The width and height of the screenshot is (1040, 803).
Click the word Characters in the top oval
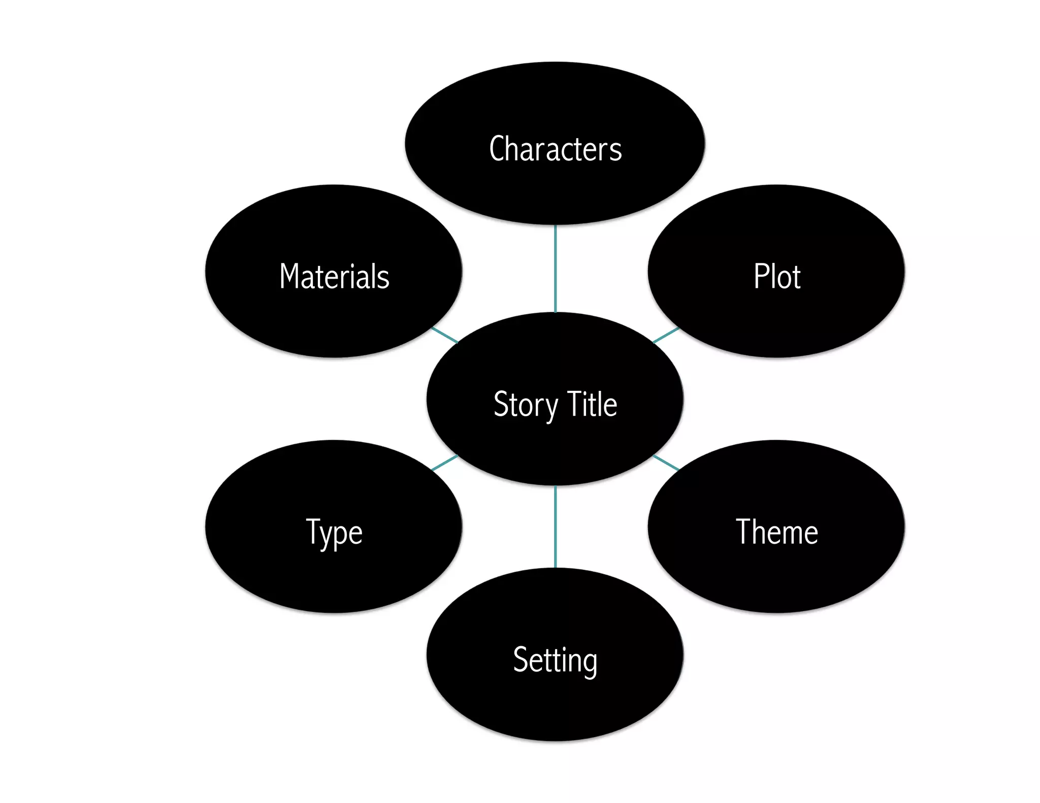tap(555, 149)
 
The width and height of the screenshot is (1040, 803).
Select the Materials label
tap(334, 277)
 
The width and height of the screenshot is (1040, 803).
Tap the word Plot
tap(776, 277)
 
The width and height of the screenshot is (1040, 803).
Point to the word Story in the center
tap(525, 405)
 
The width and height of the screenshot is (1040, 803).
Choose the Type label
tap(334, 533)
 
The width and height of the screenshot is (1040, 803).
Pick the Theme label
tap(776, 532)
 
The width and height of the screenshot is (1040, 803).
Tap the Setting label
tap(555, 660)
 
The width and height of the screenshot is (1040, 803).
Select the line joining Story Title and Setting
tap(555, 526)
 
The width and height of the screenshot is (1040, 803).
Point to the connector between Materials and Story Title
tap(444, 335)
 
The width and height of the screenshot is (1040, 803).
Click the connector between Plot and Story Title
tap(666, 335)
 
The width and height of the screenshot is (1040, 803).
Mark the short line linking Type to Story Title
tap(444, 463)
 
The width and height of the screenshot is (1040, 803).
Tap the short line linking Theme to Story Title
tap(666, 463)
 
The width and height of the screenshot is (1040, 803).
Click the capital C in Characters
tap(497, 149)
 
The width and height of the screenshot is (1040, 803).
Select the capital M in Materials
tap(290, 277)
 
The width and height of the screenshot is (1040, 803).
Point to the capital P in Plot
tap(761, 277)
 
